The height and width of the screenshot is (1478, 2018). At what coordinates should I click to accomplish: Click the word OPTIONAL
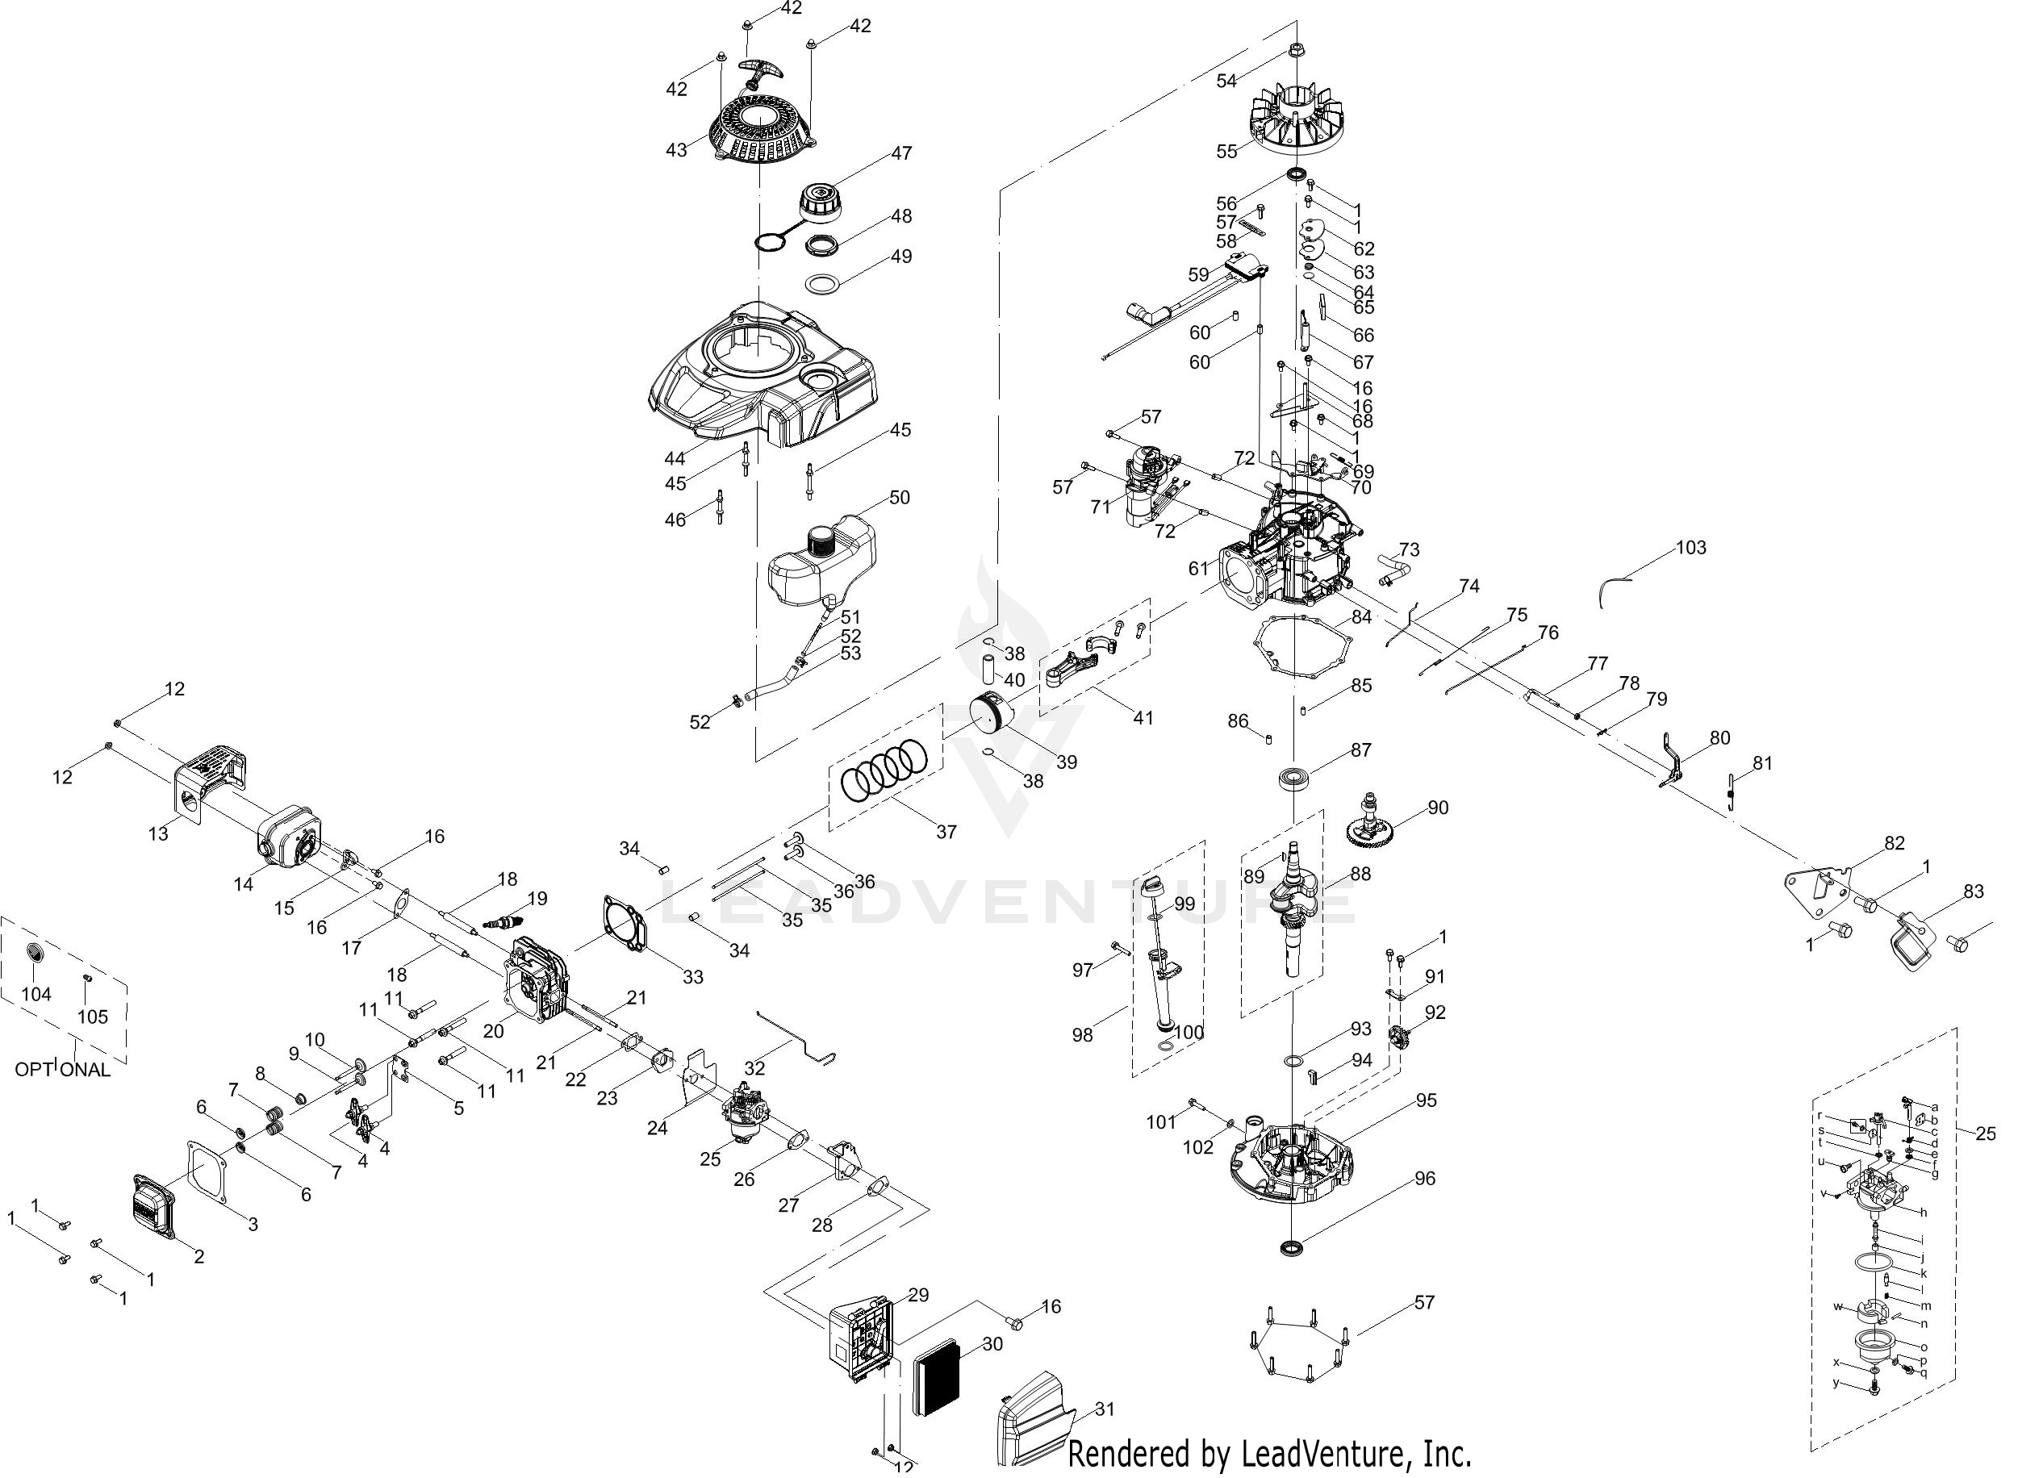(x=63, y=1069)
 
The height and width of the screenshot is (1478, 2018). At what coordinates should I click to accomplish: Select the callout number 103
(x=1690, y=547)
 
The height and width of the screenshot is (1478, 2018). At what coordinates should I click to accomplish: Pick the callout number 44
(x=674, y=458)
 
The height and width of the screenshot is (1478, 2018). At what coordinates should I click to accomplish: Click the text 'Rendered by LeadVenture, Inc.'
(x=1270, y=1453)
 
